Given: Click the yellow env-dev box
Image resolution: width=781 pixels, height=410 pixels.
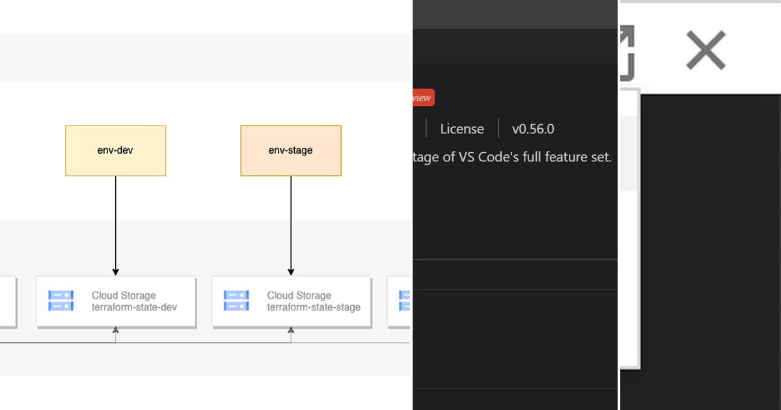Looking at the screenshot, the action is [115, 150].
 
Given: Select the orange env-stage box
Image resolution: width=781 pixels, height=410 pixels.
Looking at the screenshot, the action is [290, 150].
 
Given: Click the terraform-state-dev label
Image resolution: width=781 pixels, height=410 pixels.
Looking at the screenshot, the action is [134, 307].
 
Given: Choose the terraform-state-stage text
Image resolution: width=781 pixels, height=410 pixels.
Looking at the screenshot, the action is [314, 307].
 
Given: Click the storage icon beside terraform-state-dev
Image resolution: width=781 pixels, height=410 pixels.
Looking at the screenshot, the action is [61, 301].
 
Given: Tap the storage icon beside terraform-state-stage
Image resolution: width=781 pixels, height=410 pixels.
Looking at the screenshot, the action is [236, 301].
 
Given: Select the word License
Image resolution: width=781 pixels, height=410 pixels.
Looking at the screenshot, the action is [462, 129].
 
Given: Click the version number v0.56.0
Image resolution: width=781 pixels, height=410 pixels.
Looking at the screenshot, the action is [533, 129].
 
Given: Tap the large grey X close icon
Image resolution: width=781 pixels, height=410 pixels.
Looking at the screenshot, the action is [706, 50].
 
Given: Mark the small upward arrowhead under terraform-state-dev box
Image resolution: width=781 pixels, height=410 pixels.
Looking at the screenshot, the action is [116, 331].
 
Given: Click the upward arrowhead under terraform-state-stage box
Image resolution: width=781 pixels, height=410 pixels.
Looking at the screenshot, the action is [291, 331].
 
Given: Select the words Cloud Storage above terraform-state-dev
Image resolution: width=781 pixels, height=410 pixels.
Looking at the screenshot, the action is [124, 295].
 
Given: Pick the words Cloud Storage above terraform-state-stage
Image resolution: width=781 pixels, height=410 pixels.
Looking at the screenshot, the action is [299, 295].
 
